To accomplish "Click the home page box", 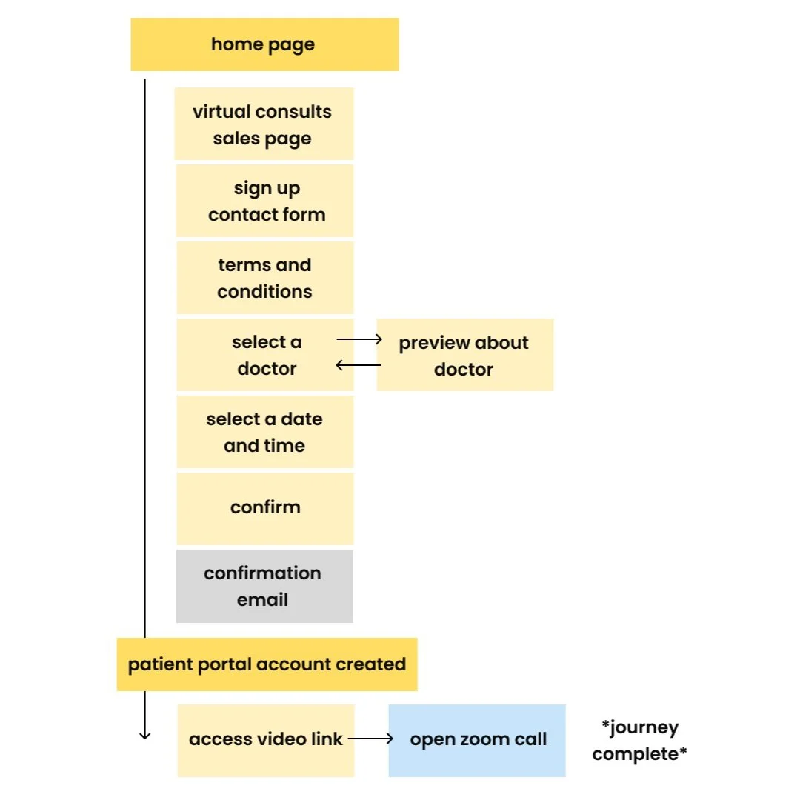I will tap(264, 44).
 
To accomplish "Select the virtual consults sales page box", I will tap(264, 124).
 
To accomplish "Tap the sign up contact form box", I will tap(265, 201).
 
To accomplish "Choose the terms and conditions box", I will tap(265, 278).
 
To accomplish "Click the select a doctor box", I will tap(265, 355).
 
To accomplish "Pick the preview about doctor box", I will tap(464, 355).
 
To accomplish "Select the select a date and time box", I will tap(265, 432).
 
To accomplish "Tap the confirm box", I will tap(265, 508).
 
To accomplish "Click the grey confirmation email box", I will tap(264, 586).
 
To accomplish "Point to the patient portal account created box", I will tap(267, 664).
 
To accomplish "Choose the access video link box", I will tap(266, 740).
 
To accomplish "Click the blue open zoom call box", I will tap(477, 740).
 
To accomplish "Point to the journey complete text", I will tap(639, 741).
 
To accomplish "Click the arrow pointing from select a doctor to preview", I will tap(359, 339).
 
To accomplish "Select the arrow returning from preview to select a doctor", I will tap(359, 365).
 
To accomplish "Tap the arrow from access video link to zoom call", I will tap(370, 739).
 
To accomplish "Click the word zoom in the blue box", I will tap(484, 739).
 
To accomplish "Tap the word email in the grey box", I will tap(262, 599).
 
